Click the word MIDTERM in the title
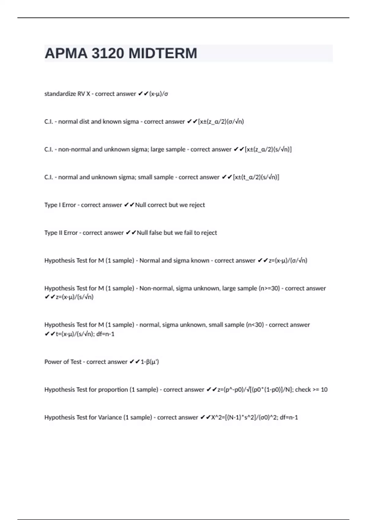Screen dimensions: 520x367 (163, 54)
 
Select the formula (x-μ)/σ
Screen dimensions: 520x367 (158, 94)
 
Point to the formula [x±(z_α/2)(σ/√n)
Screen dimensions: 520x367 (221, 122)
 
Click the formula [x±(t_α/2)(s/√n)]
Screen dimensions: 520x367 (256, 177)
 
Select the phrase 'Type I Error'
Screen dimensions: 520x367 (60, 205)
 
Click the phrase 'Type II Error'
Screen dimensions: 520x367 (61, 233)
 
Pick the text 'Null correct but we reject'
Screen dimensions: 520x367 (170, 205)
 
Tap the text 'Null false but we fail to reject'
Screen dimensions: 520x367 (177, 233)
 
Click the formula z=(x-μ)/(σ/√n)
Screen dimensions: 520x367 (288, 261)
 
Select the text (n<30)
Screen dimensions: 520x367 (255, 325)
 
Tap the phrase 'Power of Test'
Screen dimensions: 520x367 (63, 362)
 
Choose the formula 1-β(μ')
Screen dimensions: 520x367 (150, 362)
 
